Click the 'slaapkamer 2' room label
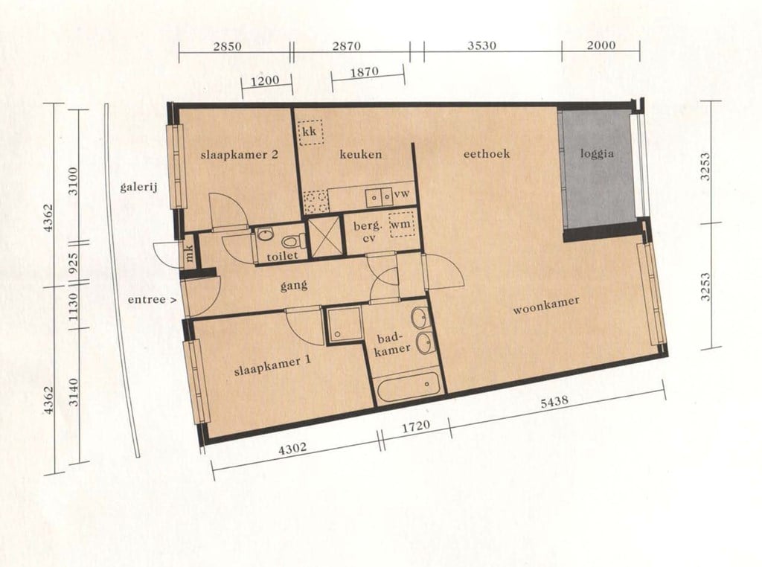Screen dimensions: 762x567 coord(239,155)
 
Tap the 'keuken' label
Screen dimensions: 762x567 coord(361,155)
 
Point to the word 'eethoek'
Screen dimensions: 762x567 coord(487,153)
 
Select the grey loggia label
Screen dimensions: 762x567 coord(597,154)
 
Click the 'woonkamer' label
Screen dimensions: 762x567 coord(546,305)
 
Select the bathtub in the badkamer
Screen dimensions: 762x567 coord(409,385)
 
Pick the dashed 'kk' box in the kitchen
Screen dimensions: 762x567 coord(311,132)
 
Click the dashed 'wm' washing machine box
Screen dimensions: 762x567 coord(401,225)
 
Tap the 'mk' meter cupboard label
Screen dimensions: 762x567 coord(189,253)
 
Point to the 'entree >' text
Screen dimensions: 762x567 coord(152,300)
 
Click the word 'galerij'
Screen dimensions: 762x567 coord(139,187)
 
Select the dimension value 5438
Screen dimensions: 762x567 coord(554,403)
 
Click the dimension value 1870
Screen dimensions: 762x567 coord(364,72)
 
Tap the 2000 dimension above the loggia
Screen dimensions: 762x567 coord(601,45)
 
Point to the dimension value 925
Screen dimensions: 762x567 coord(74,264)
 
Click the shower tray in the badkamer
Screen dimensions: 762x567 coord(344,324)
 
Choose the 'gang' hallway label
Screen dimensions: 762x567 coord(294,286)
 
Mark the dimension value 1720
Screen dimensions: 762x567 coord(417,426)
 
